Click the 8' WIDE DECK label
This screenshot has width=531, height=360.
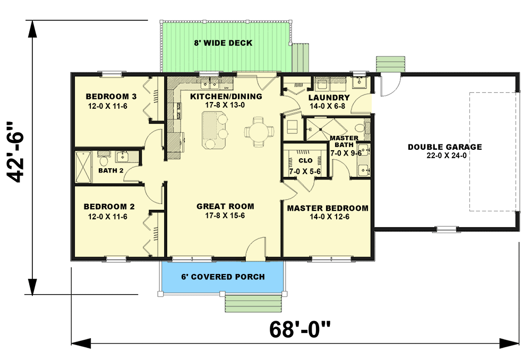222,43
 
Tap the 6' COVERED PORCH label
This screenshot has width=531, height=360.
223,277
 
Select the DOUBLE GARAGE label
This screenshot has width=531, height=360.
444,147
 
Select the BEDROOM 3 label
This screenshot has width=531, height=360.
111,97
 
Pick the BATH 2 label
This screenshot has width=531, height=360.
111,170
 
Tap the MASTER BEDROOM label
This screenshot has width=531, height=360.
328,208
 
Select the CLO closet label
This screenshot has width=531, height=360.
305,160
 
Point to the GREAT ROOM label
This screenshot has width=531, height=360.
225,207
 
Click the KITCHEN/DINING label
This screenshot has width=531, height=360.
226,97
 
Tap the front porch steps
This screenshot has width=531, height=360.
252,304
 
